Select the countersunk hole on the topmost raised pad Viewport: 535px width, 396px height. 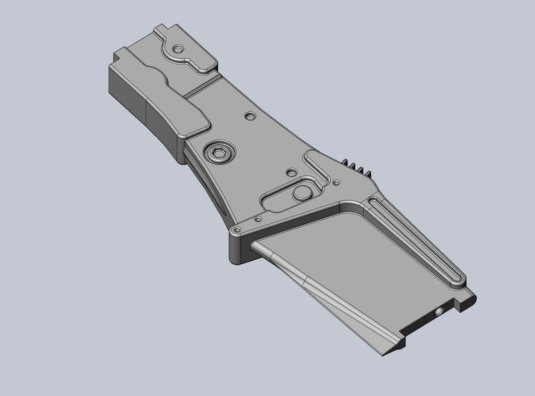(x=178, y=48)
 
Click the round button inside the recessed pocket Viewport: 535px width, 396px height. (x=302, y=193)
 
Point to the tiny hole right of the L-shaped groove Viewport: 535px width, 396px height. (x=336, y=183)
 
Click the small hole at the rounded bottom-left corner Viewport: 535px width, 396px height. (x=237, y=230)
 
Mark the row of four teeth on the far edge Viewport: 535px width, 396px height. (x=357, y=168)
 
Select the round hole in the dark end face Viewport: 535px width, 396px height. (x=438, y=312)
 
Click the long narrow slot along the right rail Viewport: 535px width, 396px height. (x=415, y=237)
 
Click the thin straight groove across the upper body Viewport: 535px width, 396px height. (x=203, y=86)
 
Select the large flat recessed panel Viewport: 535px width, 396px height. (x=341, y=261)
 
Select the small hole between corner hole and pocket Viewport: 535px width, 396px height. (x=259, y=220)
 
